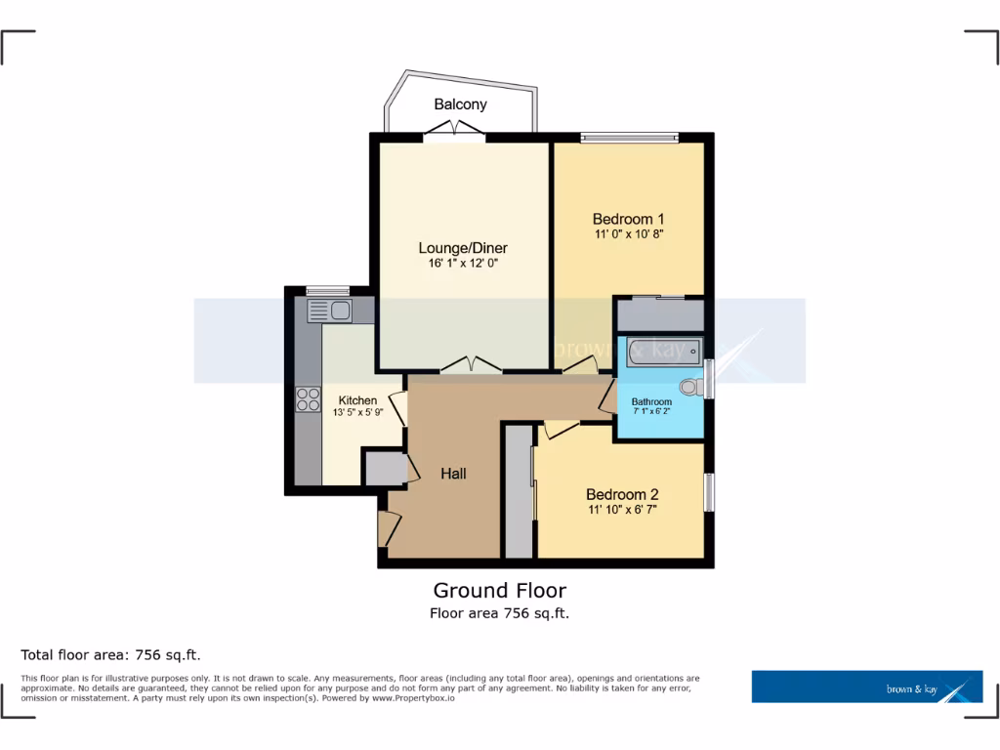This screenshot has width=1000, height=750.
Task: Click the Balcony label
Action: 460,104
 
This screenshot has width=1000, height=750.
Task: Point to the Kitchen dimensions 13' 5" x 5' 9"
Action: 357,414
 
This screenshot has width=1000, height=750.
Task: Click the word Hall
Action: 453,474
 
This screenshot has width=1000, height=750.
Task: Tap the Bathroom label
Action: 651,401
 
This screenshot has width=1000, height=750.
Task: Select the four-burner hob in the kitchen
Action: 309,398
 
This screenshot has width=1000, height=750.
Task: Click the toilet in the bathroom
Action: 691,388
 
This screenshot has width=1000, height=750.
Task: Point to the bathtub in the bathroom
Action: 664,351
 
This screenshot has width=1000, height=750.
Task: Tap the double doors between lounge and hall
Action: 471,367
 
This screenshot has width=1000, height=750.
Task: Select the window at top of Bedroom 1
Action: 628,138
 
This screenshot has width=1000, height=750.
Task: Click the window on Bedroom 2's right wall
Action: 709,492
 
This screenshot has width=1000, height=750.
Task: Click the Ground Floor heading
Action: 499,590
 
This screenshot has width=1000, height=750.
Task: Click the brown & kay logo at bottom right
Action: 866,687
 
